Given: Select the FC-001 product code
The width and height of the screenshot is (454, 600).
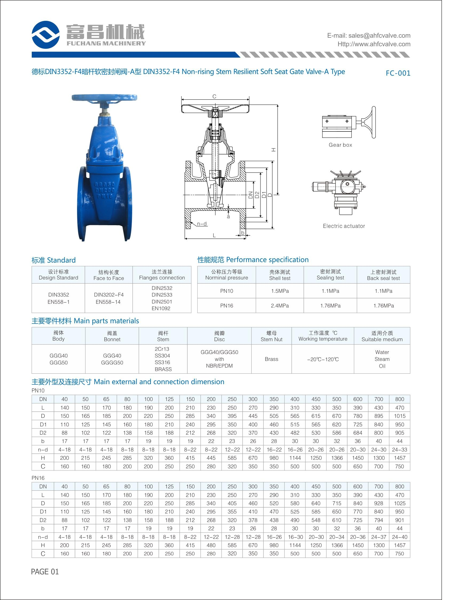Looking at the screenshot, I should click(398, 73).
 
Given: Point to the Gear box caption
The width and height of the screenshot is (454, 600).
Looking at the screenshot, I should click(340, 145).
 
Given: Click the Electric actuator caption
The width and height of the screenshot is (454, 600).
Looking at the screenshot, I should click(344, 226).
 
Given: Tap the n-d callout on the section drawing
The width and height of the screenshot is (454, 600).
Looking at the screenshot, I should click(202, 224).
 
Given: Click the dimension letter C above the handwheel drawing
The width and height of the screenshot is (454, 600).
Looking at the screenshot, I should click(214, 96).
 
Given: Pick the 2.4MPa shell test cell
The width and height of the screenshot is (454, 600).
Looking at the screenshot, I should click(280, 306).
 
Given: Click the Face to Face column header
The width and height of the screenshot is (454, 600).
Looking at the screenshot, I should click(108, 278).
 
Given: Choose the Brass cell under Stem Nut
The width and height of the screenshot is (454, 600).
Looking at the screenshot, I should click(271, 359).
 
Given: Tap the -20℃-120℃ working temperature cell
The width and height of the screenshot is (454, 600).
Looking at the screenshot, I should click(323, 359).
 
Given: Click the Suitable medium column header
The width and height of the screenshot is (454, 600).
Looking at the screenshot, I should click(382, 339).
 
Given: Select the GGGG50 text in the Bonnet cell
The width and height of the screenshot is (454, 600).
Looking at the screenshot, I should click(112, 363).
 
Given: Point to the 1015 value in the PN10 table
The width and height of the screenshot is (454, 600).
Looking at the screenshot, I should click(400, 416).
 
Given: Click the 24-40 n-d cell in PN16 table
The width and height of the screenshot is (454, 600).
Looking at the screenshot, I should click(400, 537).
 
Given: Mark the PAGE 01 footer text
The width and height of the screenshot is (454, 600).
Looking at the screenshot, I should click(45, 572).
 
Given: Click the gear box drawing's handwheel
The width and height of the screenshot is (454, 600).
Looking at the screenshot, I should click(370, 122).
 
